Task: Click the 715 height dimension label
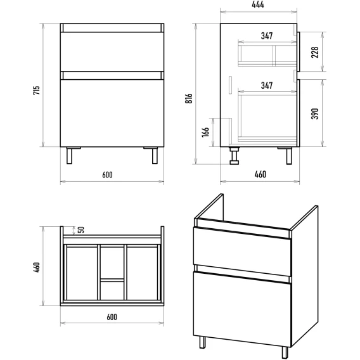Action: pos(37,90)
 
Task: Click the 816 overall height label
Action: pos(189,98)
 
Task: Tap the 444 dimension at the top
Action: pos(258,4)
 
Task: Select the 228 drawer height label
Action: pos(315,52)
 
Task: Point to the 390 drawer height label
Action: pos(315,113)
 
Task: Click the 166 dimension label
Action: pos(205,132)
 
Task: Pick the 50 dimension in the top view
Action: pos(81,230)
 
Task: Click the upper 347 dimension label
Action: pos(267,36)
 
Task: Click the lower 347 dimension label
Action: pos(267,86)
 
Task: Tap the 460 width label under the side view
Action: pos(260,174)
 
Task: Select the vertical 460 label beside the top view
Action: pos(37,267)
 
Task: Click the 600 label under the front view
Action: pos(108,175)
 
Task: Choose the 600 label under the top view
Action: pos(112,317)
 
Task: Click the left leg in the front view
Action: pos(69,156)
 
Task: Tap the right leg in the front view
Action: pos(155,156)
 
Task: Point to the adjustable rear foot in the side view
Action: pos(234,156)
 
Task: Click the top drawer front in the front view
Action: pos(112,52)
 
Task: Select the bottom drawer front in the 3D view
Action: pos(242,309)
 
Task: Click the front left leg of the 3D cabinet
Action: pos(203,342)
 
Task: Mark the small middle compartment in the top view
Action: pos(112,291)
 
